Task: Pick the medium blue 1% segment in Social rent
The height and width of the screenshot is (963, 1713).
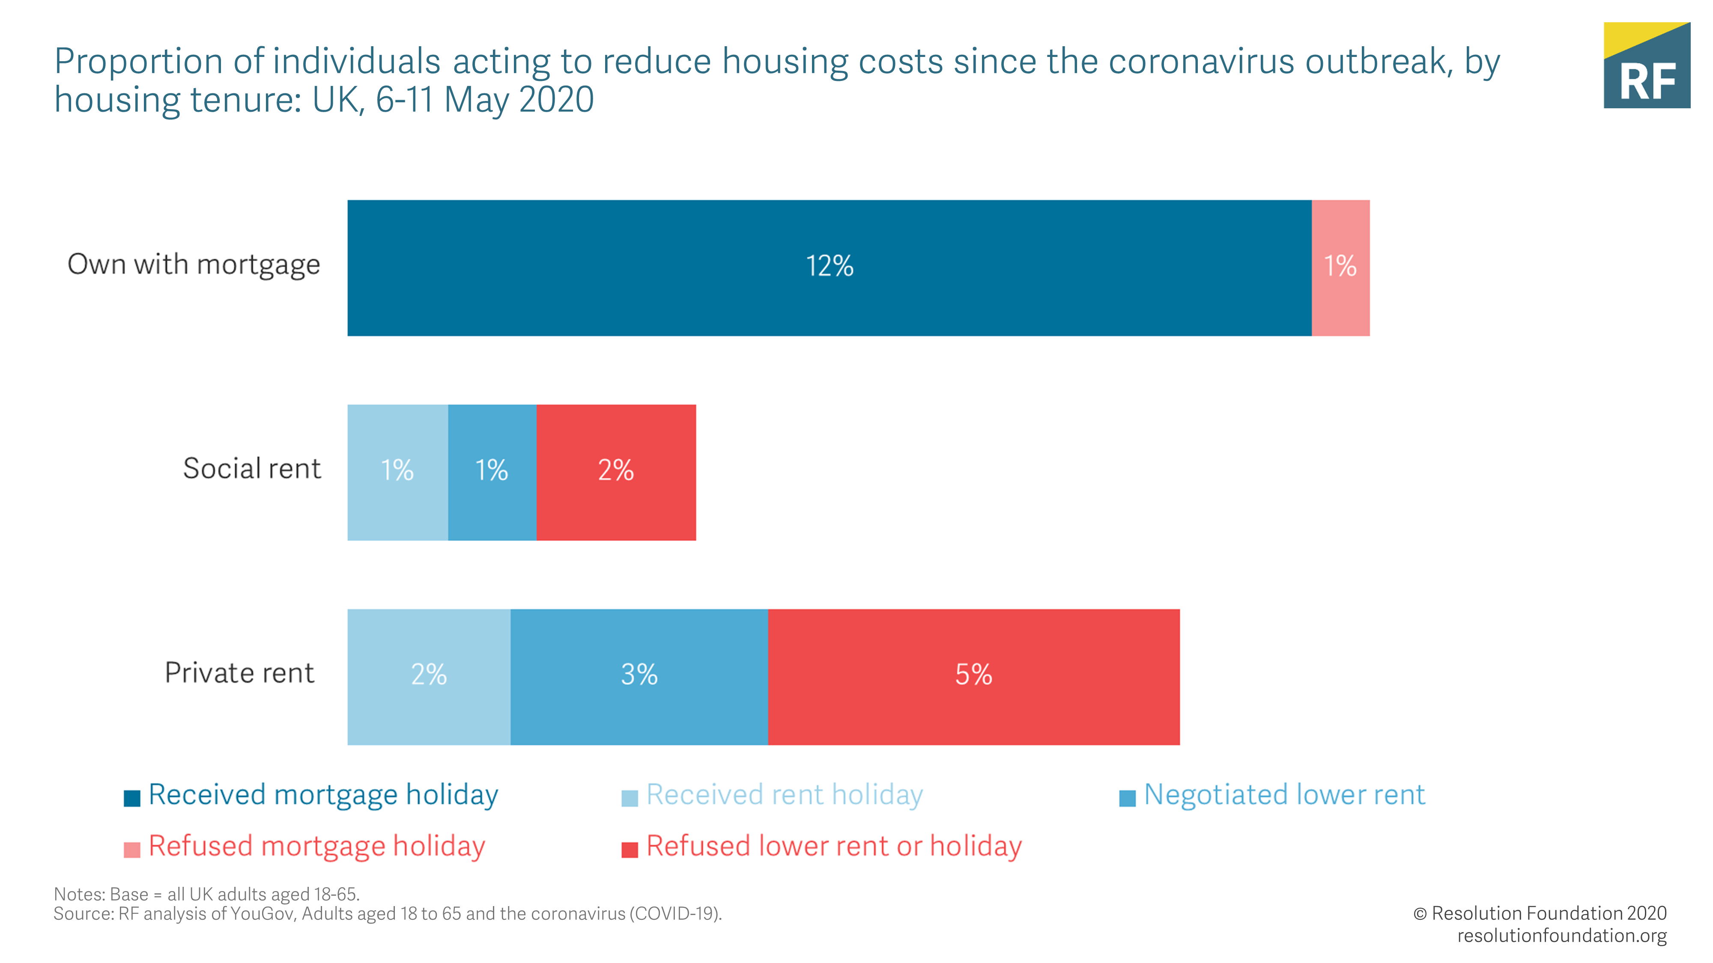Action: (x=492, y=471)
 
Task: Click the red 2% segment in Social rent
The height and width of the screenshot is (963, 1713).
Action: (x=616, y=471)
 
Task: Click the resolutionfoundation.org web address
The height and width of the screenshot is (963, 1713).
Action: (x=1561, y=936)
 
